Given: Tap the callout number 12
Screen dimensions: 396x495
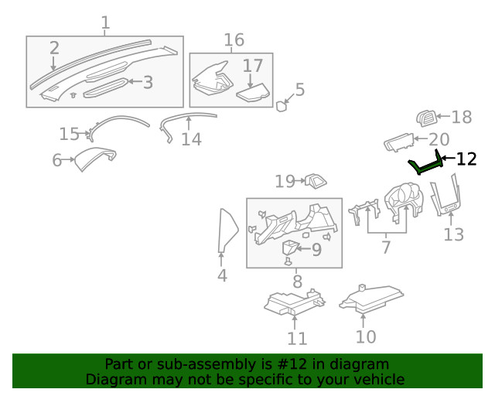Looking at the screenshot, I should [x=466, y=159].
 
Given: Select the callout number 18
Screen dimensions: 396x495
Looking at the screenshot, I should [x=461, y=118].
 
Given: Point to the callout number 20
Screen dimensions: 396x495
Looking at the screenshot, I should [x=439, y=139].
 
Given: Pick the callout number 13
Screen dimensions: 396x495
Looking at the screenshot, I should [x=453, y=234].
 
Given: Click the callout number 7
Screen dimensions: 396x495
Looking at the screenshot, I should [x=386, y=247].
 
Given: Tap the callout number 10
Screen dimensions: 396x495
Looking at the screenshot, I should [x=366, y=336].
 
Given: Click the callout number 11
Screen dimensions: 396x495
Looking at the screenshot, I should [x=297, y=338].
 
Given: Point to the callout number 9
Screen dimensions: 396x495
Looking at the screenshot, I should [x=316, y=249].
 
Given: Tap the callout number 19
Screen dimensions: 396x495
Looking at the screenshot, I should [x=285, y=181].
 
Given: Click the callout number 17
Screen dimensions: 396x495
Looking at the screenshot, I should [x=253, y=67].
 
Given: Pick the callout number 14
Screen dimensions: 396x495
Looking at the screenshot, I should [x=191, y=139].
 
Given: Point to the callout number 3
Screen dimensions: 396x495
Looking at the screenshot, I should [x=148, y=82].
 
